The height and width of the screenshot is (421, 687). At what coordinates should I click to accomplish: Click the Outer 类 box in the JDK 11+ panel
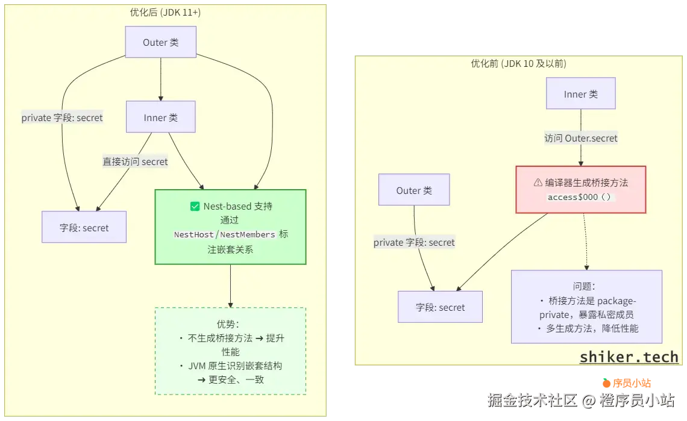coord(160,43)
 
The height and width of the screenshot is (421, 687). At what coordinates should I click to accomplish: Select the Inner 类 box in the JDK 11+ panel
coord(160,117)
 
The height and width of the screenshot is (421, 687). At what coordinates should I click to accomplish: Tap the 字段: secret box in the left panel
coord(84,227)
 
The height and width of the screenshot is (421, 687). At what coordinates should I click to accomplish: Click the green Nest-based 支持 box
coord(230,227)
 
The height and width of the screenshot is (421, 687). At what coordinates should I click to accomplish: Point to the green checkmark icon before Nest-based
coord(195,207)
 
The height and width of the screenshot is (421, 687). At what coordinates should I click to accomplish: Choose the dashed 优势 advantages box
coord(230,351)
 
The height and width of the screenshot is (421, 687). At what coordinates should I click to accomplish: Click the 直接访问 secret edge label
coord(135,161)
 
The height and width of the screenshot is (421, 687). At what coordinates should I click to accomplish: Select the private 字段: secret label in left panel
coord(62,118)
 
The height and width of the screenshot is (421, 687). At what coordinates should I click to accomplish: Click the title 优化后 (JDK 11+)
coord(165,12)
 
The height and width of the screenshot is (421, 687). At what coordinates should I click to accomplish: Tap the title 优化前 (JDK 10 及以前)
coord(518,63)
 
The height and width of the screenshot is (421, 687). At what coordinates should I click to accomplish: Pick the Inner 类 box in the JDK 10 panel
coord(580,93)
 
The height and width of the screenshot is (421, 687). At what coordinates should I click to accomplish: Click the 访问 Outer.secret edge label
coord(581,138)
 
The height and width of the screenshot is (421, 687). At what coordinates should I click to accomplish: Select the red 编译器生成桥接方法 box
coord(580,189)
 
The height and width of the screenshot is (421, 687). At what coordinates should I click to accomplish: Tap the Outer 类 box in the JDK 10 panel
coord(414,190)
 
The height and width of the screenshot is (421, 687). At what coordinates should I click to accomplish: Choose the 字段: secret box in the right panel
coord(440,307)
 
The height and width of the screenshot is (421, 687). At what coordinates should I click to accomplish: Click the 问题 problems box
coord(586,307)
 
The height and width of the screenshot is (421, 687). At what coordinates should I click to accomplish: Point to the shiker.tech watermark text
coord(629,357)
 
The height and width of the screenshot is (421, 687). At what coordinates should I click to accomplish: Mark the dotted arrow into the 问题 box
coord(585,241)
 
